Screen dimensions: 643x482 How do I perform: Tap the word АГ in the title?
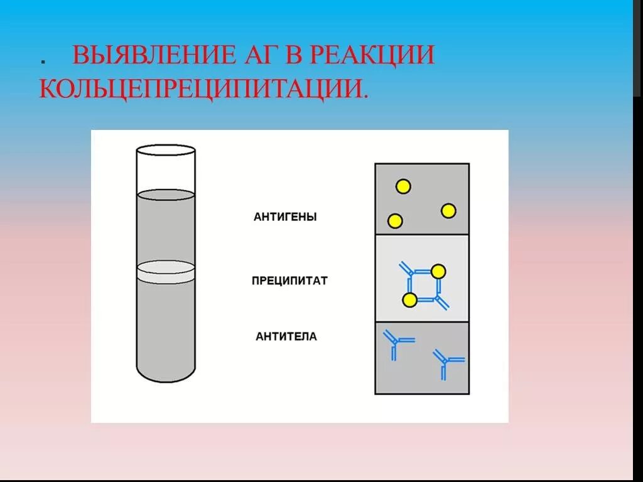247,55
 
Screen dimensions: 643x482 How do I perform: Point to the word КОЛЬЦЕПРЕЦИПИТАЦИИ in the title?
202,88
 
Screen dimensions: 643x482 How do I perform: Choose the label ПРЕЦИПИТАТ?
289,281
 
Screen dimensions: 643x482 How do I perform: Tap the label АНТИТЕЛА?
286,337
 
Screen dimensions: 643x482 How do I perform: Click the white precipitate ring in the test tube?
166,270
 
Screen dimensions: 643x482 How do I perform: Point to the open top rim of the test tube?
166,150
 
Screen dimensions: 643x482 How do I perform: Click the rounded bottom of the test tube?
166,375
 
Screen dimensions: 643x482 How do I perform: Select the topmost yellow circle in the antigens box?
403,186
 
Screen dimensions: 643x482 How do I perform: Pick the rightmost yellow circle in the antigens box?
448,211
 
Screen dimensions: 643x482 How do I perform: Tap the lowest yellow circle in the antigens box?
395,221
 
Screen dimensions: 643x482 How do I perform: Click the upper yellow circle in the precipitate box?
438,271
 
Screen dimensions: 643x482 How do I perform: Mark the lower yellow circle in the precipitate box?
409,301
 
